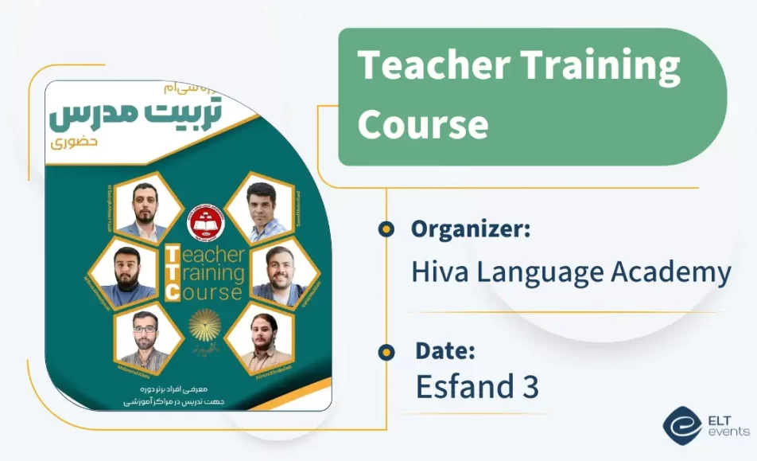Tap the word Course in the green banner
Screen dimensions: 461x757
422,123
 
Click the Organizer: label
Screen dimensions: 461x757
471,229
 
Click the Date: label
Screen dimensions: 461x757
444,350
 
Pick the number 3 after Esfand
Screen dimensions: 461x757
531,387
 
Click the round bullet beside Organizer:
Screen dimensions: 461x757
386,230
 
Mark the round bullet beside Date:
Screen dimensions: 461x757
386,351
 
